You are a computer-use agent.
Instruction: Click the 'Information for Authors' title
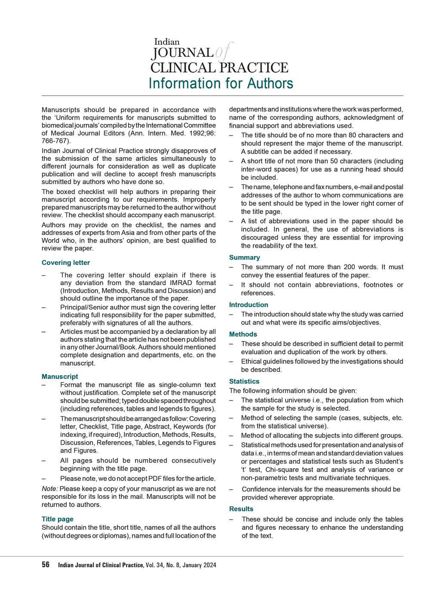(x=221, y=83)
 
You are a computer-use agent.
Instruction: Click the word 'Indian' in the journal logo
(x=167, y=42)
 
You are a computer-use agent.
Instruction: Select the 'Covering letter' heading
(x=66, y=263)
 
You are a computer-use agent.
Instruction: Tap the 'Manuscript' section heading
(x=60, y=377)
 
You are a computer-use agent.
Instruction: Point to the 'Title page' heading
(x=58, y=519)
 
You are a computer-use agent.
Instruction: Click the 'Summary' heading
(x=244, y=258)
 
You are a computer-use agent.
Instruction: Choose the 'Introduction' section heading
(x=249, y=305)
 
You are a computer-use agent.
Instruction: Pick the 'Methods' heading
(x=243, y=335)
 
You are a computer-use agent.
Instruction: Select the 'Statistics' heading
(x=244, y=381)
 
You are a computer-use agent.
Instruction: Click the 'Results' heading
(x=241, y=509)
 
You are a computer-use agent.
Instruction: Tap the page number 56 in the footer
(x=46, y=565)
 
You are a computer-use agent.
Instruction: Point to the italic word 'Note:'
(x=50, y=489)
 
